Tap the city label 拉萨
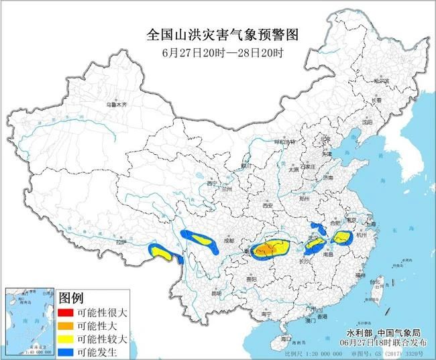pos(119,242)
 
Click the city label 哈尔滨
pos(382,80)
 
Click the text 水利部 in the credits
pos(360,333)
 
